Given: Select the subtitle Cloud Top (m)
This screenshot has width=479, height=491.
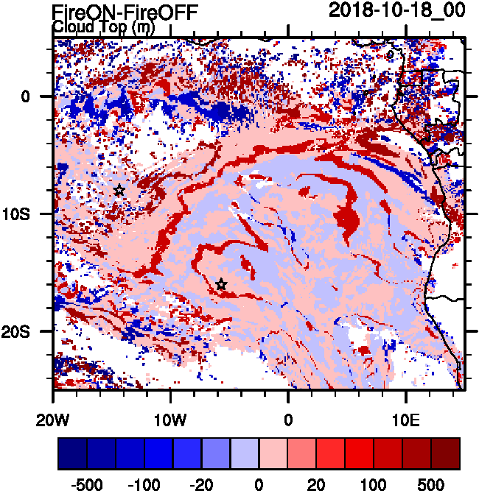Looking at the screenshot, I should point(102,27).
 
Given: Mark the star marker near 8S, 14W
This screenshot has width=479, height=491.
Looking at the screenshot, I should point(119,191).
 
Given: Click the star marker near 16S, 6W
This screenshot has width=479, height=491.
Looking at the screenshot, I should point(221,285).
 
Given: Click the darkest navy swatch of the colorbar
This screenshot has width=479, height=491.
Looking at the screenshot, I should point(72,453).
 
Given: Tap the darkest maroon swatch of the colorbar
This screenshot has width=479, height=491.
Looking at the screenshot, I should point(445,453).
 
